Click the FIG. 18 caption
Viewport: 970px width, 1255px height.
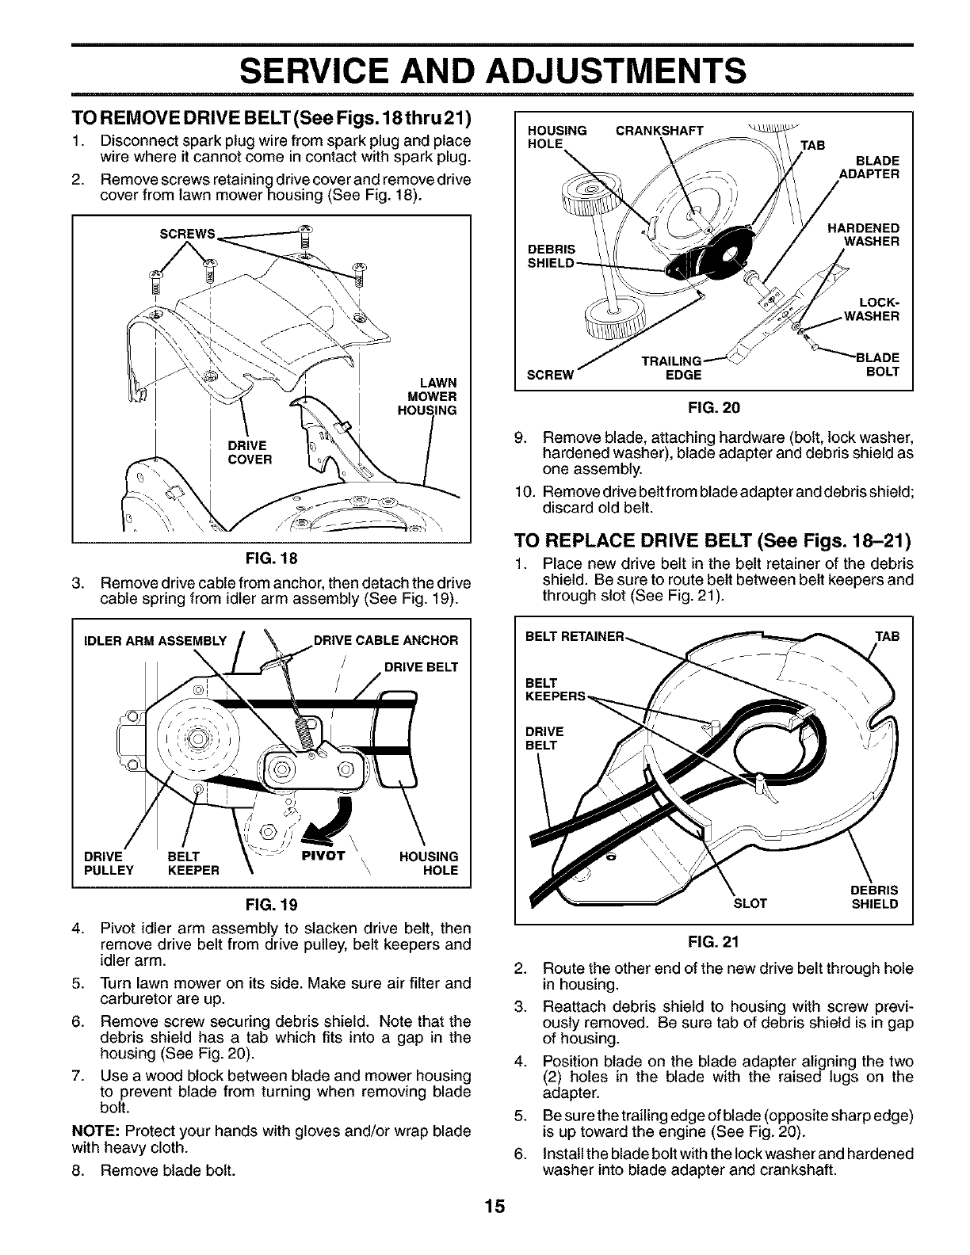click(272, 558)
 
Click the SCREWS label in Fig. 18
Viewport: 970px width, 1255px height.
click(187, 235)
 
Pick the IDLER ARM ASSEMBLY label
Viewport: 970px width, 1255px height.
click(155, 640)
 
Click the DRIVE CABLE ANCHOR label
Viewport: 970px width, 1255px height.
click(386, 640)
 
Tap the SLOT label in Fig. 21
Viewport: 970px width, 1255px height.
click(750, 903)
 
